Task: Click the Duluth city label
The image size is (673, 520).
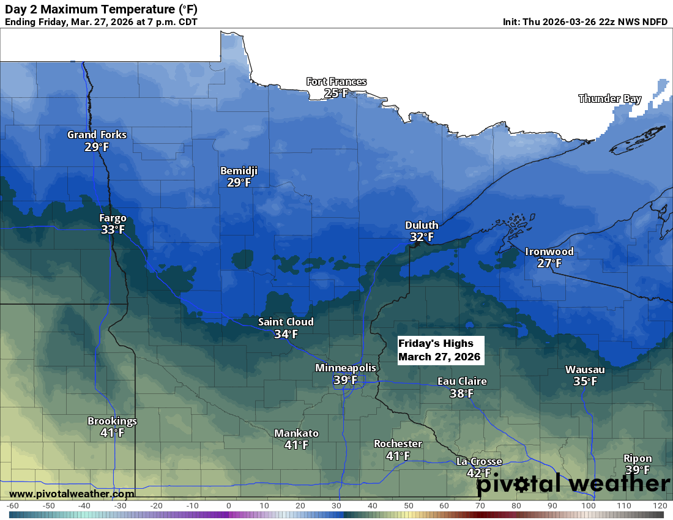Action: (x=422, y=226)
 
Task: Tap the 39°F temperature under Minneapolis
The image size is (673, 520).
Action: (x=345, y=380)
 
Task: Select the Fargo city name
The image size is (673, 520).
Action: (x=113, y=218)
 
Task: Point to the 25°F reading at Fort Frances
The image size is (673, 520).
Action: (x=336, y=93)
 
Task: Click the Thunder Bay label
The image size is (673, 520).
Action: (x=609, y=98)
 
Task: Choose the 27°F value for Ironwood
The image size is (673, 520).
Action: (x=549, y=263)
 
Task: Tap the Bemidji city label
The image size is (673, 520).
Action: (x=239, y=171)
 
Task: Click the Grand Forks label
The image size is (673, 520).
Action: (x=97, y=135)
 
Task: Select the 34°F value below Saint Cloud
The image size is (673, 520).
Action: (x=286, y=334)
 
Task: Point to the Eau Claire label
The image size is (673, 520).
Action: (x=462, y=382)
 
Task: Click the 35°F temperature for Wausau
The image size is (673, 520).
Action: (x=585, y=381)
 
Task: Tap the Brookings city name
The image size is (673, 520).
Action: (x=112, y=421)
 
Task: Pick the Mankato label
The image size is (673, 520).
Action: (x=296, y=433)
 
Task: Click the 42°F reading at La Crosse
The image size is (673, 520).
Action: (x=478, y=473)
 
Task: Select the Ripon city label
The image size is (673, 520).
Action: (x=638, y=458)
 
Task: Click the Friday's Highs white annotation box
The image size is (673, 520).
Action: (x=440, y=350)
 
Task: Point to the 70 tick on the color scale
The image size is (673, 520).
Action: (x=480, y=506)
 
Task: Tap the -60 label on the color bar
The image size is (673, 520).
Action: (x=12, y=506)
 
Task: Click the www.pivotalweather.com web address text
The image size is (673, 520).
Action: (x=72, y=494)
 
